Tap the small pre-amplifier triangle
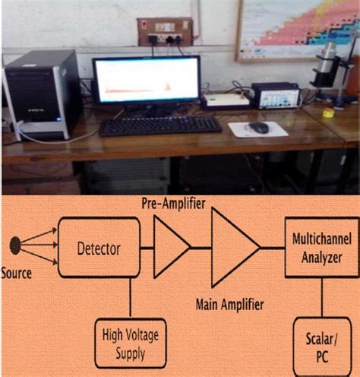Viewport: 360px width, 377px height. tap(169, 246)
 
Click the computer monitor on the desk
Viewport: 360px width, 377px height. tap(146, 82)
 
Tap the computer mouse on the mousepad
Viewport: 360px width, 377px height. tap(258, 127)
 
